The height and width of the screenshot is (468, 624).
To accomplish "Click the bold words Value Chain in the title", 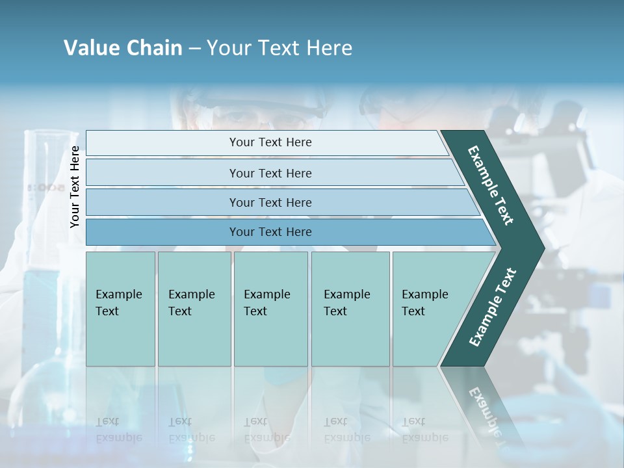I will coord(123,48).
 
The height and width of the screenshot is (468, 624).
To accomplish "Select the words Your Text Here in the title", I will coord(279,48).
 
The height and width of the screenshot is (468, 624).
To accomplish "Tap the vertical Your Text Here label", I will coord(75,187).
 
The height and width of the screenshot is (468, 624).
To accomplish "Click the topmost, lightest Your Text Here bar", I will coord(270,142).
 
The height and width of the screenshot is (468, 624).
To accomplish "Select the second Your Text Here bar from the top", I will coord(270,173).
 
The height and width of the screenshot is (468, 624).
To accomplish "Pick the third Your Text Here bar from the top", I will coord(270,202).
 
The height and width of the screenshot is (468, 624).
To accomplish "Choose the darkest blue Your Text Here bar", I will coord(270,232).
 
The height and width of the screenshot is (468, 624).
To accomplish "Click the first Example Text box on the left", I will coord(120,309).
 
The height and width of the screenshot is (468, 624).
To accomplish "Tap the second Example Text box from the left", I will coord(194,309).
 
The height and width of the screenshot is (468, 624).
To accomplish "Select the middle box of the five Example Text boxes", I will coord(270,309).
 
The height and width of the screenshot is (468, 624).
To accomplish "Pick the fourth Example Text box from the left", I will coord(350,309).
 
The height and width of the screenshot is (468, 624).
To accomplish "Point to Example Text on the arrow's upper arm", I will coord(491,185).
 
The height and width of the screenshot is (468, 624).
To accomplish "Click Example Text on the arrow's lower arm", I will coord(492,307).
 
